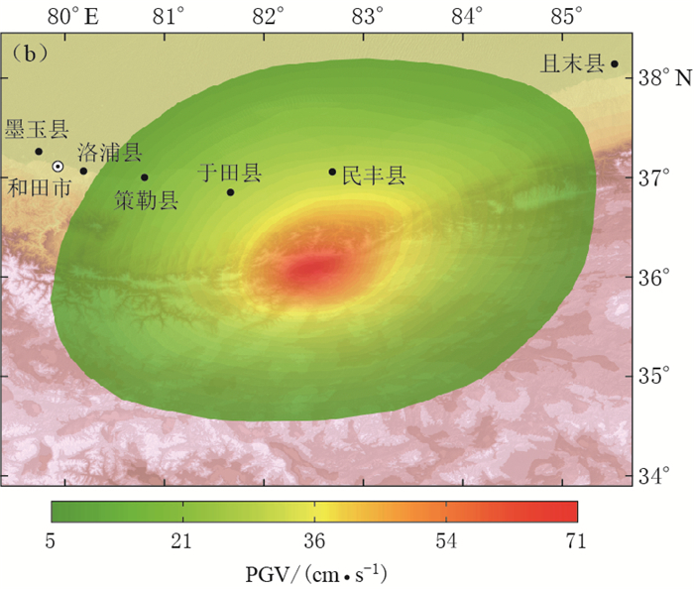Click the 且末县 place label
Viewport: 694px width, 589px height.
572,63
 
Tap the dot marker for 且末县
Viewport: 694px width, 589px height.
615,64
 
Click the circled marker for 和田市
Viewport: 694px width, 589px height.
58,167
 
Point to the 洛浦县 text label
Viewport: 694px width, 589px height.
110,152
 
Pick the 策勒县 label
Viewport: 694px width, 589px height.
147,201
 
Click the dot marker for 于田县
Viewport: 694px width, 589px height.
231,192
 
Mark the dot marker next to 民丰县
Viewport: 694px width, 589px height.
333,172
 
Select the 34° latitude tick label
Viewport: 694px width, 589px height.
654,475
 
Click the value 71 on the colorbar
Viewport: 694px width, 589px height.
575,541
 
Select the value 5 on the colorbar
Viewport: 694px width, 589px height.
51,541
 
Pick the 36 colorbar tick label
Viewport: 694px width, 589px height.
315,541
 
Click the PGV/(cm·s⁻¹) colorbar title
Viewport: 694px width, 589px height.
315,572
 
